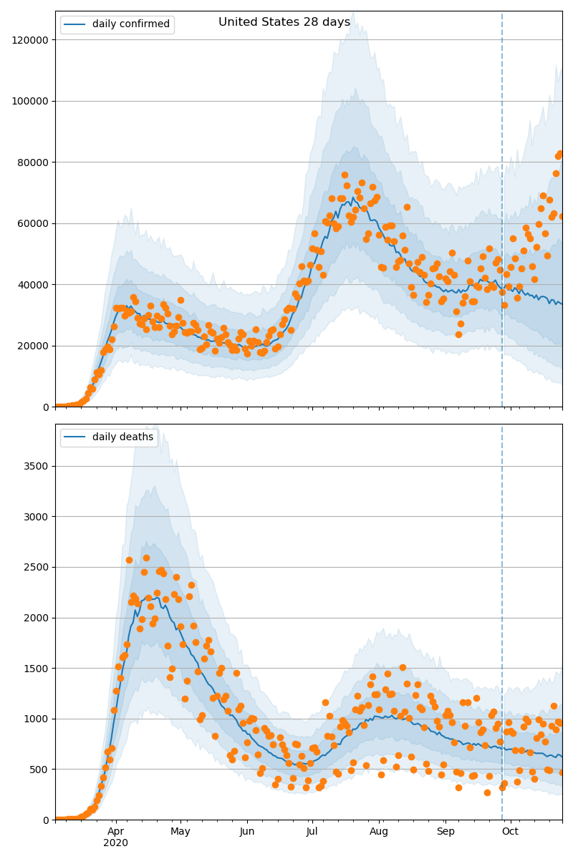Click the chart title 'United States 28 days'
point(284,22)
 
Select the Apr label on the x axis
point(116,832)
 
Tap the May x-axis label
point(180,832)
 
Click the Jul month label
point(312,832)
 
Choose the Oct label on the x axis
point(510,832)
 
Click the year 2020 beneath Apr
point(116,843)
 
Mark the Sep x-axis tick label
point(445,832)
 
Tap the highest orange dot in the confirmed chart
point(561,153)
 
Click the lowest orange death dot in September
point(487,792)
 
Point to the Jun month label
point(247,832)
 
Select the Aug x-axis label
point(379,832)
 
